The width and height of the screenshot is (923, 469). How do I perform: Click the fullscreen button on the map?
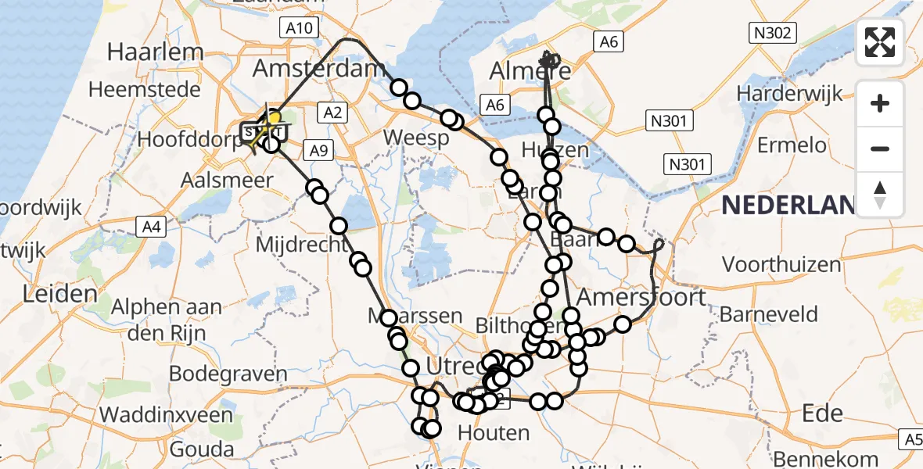[880, 42]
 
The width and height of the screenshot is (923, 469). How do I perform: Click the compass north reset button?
[880, 195]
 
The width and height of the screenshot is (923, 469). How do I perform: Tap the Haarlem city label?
[156, 52]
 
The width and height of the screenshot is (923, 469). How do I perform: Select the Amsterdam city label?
[316, 69]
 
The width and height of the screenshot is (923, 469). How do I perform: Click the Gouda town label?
[201, 449]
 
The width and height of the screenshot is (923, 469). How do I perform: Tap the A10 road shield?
[299, 29]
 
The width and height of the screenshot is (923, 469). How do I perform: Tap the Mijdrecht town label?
[301, 245]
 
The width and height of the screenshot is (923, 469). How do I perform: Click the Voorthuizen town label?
[781, 264]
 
